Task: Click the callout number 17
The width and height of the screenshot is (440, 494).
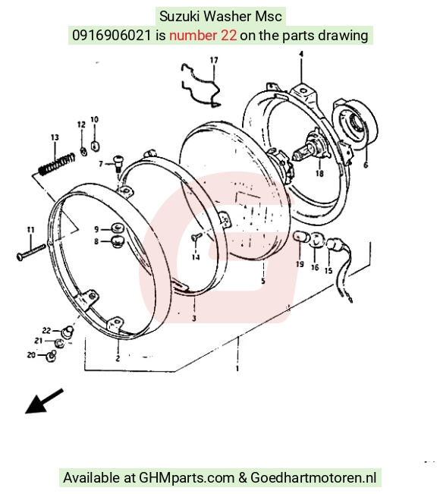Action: tap(214, 60)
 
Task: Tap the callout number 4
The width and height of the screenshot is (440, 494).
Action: tap(301, 54)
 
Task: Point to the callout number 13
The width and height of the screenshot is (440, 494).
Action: tap(55, 137)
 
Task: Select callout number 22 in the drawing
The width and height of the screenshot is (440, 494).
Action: tap(46, 331)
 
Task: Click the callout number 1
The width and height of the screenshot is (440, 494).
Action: tap(237, 368)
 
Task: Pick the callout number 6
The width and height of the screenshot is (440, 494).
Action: tap(366, 165)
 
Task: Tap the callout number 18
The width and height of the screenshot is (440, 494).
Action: tap(319, 173)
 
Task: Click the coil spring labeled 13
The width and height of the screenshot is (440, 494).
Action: tap(57, 164)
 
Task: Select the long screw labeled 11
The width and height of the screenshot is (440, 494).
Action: tap(31, 252)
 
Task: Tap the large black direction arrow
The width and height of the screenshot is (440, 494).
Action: tap(44, 401)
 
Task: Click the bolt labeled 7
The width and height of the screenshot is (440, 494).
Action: tap(118, 163)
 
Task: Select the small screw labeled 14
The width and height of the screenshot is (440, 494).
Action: tap(195, 238)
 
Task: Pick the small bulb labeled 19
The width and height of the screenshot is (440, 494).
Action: tap(300, 237)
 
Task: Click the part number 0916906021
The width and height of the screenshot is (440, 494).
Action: tap(112, 35)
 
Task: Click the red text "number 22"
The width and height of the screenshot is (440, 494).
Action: tap(203, 35)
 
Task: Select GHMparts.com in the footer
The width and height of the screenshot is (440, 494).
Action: tap(187, 478)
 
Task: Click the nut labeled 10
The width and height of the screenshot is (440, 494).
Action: tap(95, 146)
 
